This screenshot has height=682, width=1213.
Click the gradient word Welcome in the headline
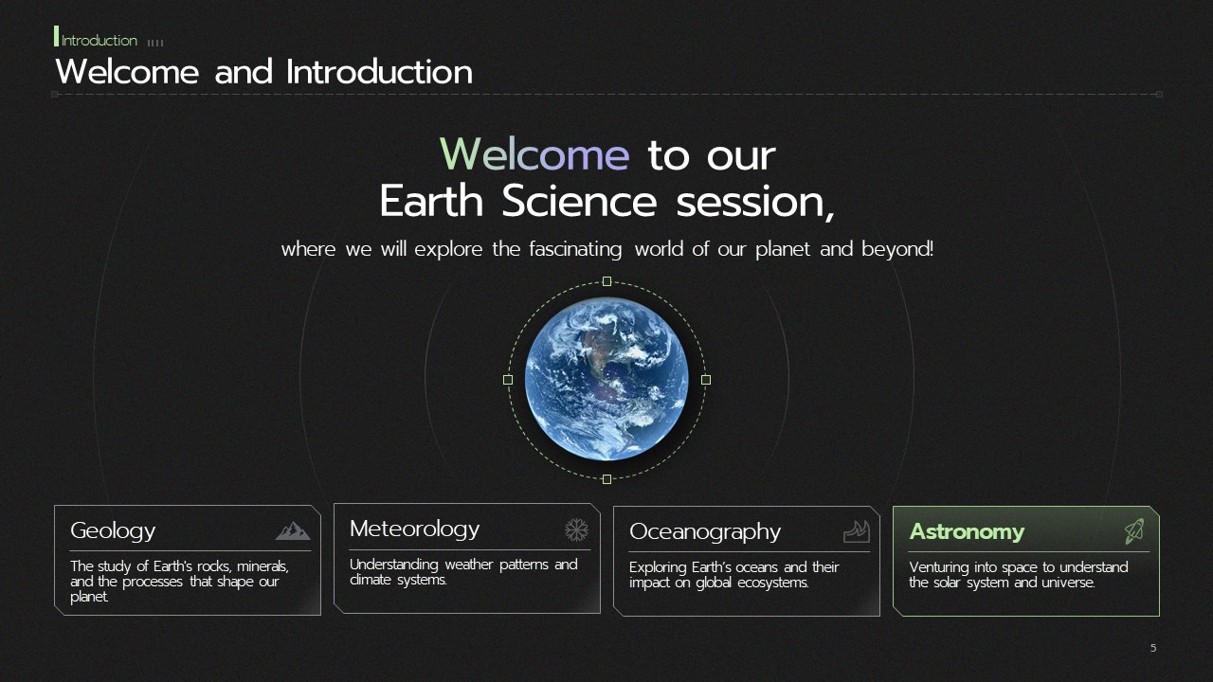pyautogui.click(x=534, y=154)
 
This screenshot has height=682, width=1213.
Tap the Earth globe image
pyautogui.click(x=606, y=380)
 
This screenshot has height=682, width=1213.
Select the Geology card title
pyautogui.click(x=113, y=531)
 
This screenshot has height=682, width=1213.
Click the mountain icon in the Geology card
pyautogui.click(x=293, y=531)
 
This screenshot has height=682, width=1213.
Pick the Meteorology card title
pyautogui.click(x=414, y=529)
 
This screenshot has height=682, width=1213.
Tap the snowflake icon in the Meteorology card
pyautogui.click(x=576, y=529)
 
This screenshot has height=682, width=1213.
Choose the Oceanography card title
pyautogui.click(x=704, y=531)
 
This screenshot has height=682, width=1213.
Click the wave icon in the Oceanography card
pyautogui.click(x=857, y=531)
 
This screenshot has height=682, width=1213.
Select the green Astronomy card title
pyautogui.click(x=967, y=531)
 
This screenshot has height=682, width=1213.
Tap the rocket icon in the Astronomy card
pyautogui.click(x=1134, y=531)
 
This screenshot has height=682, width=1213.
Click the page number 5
pyautogui.click(x=1153, y=648)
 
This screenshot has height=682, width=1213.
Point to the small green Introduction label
pyautogui.click(x=100, y=41)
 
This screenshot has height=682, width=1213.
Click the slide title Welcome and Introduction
pyautogui.click(x=263, y=72)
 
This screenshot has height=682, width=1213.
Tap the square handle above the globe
pyautogui.click(x=607, y=281)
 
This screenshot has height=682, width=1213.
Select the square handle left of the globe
pyautogui.click(x=508, y=380)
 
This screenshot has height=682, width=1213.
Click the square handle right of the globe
pyautogui.click(x=706, y=380)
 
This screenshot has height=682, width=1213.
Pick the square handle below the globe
pyautogui.click(x=607, y=479)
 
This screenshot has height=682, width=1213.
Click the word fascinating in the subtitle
pyautogui.click(x=575, y=249)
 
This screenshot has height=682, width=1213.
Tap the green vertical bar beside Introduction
pyautogui.click(x=56, y=36)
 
